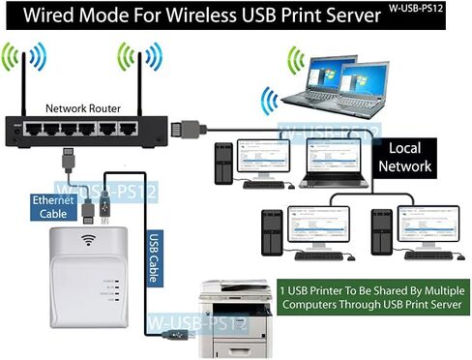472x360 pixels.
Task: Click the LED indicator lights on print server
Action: click(x=114, y=288)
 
